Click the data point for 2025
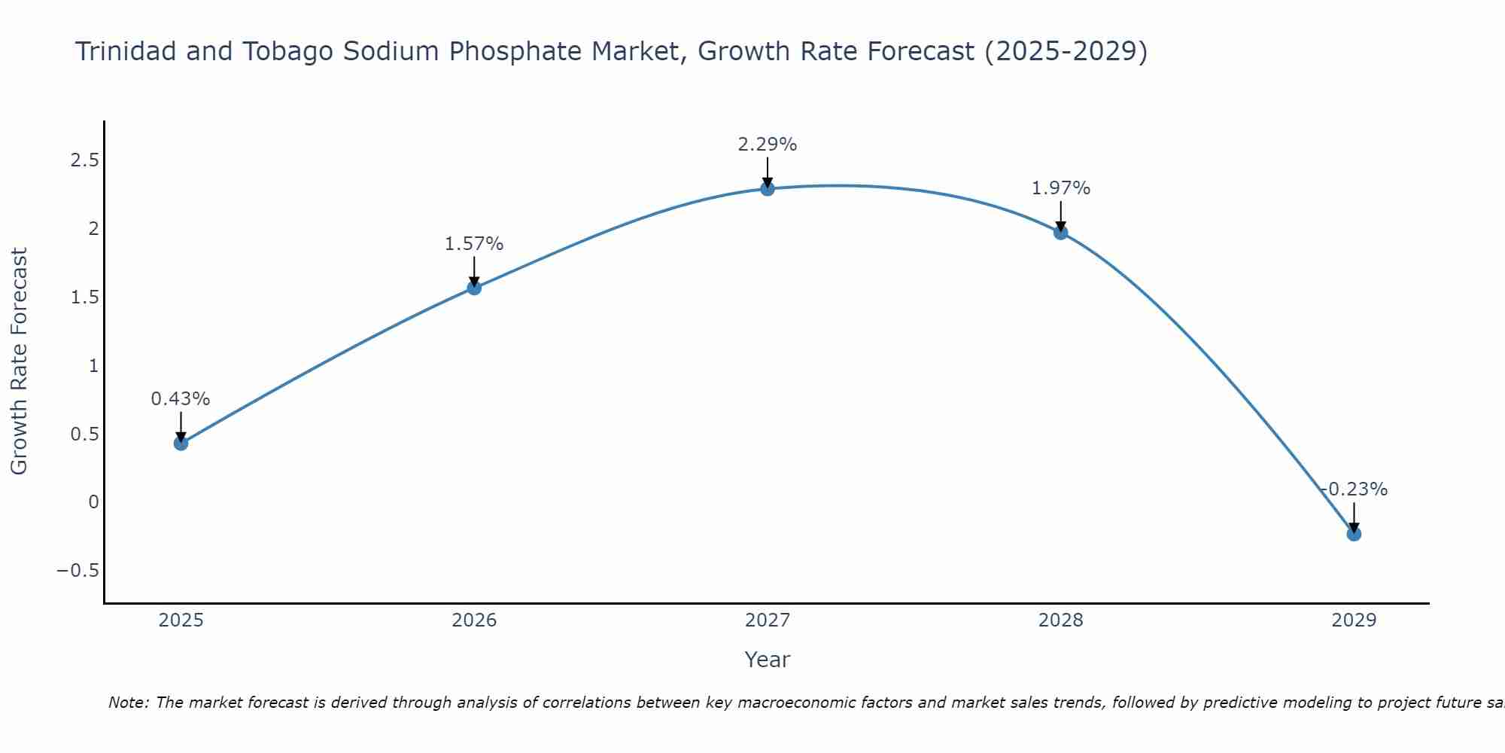(x=181, y=443)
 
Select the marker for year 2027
(x=767, y=188)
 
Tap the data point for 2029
(x=1353, y=534)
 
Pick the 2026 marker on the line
(x=474, y=287)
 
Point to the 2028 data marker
(x=1060, y=232)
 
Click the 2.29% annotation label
(x=767, y=144)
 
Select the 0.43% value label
(x=181, y=398)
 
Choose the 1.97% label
(x=1060, y=187)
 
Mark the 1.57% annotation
(x=474, y=243)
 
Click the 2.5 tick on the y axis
(x=84, y=160)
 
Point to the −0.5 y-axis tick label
(x=78, y=570)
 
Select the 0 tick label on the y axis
(x=93, y=501)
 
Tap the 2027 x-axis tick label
(x=767, y=620)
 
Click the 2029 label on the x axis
(x=1353, y=620)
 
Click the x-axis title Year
(x=767, y=660)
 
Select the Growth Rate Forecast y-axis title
(x=19, y=361)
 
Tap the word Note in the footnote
(x=128, y=703)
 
